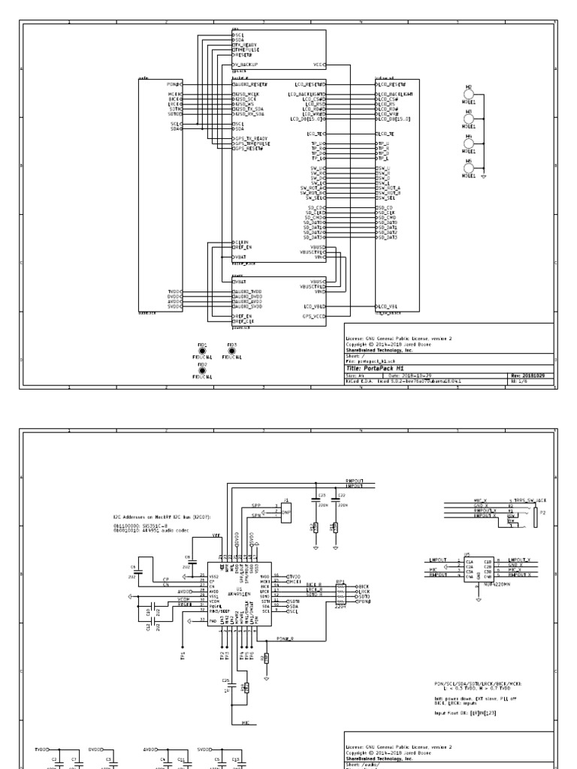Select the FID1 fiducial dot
click(x=202, y=351)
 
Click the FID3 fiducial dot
click(x=231, y=351)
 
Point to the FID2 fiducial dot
click(x=202, y=370)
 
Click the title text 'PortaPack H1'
click(x=376, y=369)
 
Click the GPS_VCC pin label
click(x=313, y=317)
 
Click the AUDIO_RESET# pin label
click(x=251, y=84)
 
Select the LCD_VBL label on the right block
click(x=388, y=307)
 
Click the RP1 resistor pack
click(x=340, y=594)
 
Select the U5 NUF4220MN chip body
click(x=479, y=568)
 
